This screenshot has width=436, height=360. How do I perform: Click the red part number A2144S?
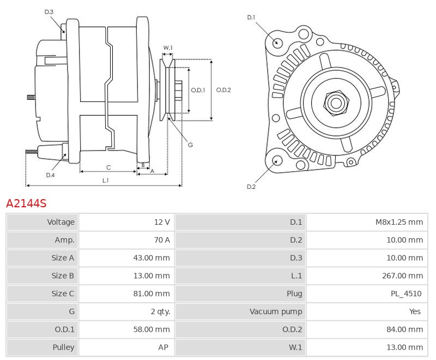coord(26,203)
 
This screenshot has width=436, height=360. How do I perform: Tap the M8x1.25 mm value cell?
coord(399,222)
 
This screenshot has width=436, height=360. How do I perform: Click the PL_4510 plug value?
coord(407,293)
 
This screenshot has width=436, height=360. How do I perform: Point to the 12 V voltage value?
coord(162,222)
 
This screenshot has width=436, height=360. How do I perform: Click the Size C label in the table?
coord(63,293)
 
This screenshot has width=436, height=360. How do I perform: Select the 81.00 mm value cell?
coord(152,293)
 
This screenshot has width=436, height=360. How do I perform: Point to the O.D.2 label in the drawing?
coord(223,90)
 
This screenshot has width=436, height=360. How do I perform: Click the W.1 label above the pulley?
coord(168,48)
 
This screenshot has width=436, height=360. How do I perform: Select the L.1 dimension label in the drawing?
coord(105,180)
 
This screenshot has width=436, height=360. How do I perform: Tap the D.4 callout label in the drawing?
coord(50,175)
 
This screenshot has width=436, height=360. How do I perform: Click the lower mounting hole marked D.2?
coord(276,160)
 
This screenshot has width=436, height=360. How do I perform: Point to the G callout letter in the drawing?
coord(190,145)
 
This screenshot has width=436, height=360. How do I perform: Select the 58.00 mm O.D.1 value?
coord(152,329)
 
